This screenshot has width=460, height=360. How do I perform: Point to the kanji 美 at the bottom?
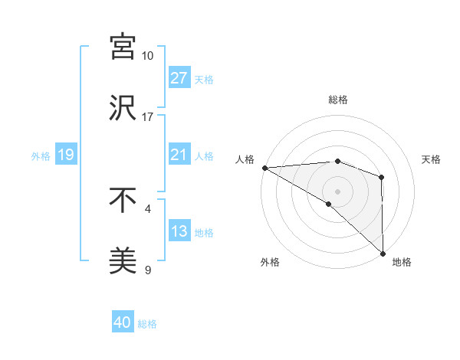tap(123, 260)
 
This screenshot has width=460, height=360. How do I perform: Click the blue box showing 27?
tap(179, 77)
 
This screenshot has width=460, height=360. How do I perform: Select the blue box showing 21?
tap(179, 155)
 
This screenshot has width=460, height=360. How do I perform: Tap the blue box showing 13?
tap(179, 232)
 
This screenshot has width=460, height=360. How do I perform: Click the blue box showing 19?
tap(65, 155)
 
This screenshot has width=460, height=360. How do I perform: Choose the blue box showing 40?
tap(123, 322)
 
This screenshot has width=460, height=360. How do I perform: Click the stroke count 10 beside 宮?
tap(147, 56)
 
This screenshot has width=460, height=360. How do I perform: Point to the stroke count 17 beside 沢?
tap(147, 117)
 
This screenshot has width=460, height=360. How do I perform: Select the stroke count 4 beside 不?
tap(147, 208)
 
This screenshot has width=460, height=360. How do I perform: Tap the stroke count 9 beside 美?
tap(147, 270)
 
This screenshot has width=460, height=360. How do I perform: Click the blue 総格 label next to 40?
tap(147, 324)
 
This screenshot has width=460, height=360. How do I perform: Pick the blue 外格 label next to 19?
tap(41, 155)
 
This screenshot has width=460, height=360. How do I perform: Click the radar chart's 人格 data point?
tap(264, 168)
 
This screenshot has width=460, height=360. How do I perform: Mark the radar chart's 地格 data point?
tap(382, 253)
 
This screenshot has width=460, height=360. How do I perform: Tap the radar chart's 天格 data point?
tap(381, 177)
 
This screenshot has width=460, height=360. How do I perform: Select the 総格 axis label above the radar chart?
tap(337, 100)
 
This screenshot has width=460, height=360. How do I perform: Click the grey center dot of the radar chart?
tap(337, 191)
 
